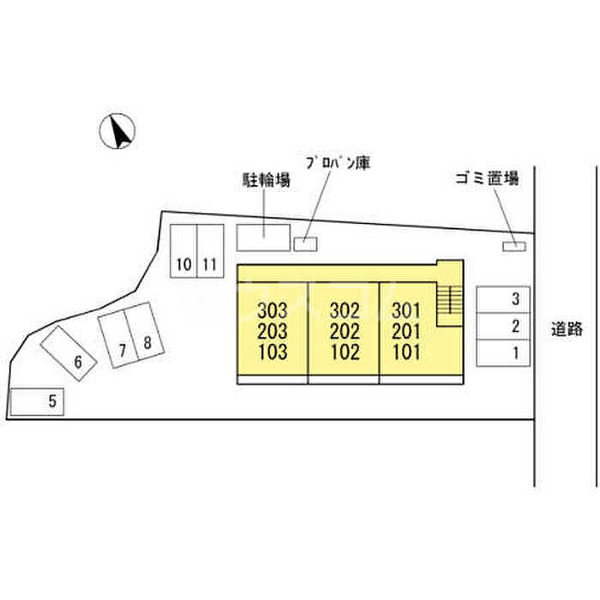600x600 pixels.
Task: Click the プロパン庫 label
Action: [337, 162]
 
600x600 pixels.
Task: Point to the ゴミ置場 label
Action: [488, 178]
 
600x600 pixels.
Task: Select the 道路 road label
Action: [567, 327]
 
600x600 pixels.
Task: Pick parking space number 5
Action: [38, 400]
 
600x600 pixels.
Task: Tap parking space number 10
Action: [183, 249]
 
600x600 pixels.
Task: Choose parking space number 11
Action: [209, 249]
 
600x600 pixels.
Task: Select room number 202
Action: [344, 331]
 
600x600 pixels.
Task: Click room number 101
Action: [405, 352]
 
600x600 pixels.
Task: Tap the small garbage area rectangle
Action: [513, 247]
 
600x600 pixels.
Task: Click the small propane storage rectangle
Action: [305, 244]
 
